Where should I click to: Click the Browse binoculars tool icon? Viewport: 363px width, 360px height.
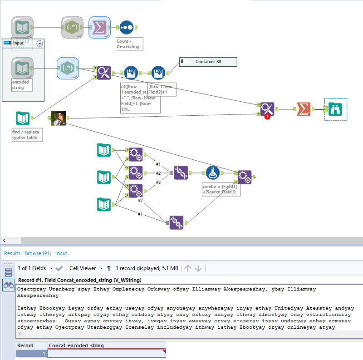(x=335, y=109)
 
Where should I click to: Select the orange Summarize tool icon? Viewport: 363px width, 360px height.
(x=302, y=109)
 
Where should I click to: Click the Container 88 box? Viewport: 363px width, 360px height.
(x=208, y=62)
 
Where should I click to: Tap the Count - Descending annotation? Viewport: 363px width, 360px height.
(x=129, y=44)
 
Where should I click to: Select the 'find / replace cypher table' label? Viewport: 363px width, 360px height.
(x=27, y=134)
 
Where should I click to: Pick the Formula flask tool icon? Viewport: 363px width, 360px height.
(x=212, y=173)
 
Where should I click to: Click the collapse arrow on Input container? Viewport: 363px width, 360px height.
(x=39, y=43)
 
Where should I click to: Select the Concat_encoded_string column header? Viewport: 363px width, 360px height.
(x=76, y=345)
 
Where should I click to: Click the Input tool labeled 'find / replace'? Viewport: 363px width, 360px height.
(x=23, y=118)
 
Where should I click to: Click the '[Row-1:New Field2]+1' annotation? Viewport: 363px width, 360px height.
(x=162, y=89)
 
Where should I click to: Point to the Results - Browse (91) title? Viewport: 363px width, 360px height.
(x=36, y=253)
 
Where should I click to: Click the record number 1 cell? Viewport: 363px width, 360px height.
(x=31, y=354)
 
